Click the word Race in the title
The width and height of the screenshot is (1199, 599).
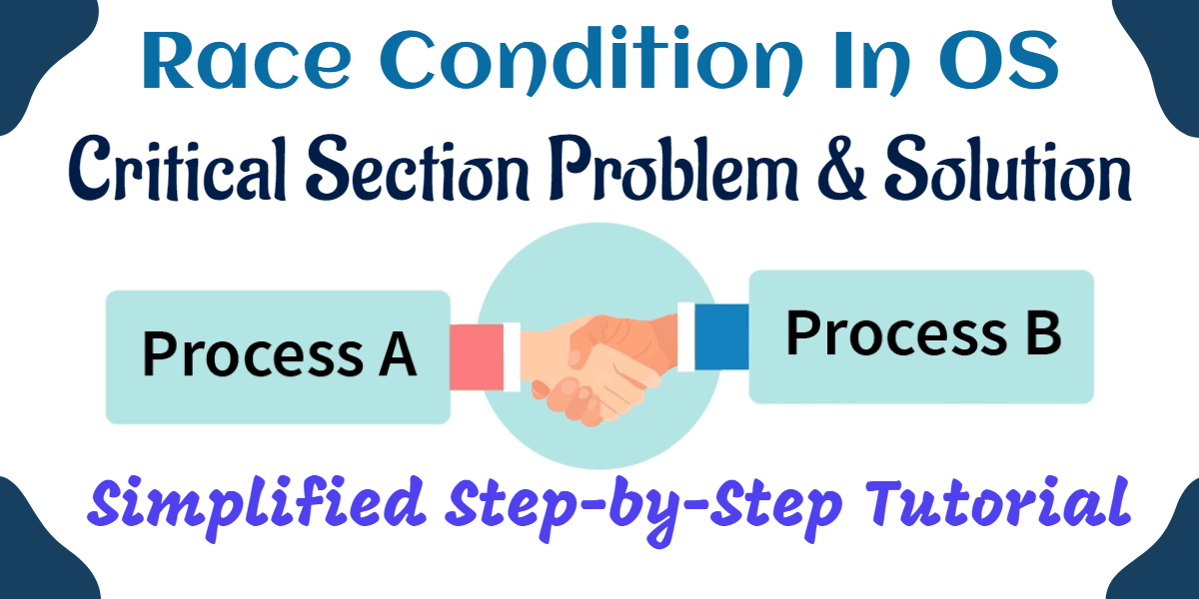coord(246,60)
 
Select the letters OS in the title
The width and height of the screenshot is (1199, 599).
coord(1000,60)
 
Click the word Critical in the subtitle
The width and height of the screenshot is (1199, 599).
coord(178,169)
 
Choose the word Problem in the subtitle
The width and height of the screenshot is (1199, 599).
coord(674,169)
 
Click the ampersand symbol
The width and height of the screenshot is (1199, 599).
coord(842,170)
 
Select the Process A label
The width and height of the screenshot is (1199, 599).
coord(279,354)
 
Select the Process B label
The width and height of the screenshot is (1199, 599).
coord(923,332)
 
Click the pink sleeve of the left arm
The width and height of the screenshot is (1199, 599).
coord(477,356)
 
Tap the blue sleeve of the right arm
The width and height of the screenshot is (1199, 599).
coord(721,336)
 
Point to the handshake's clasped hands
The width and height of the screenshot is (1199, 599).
coord(599,369)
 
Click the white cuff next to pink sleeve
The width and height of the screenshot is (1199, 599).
coord(512,356)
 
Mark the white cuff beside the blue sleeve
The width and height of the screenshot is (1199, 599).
coord(686,336)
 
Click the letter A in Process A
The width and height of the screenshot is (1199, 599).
coord(398,354)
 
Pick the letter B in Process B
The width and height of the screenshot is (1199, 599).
coord(1043,332)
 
